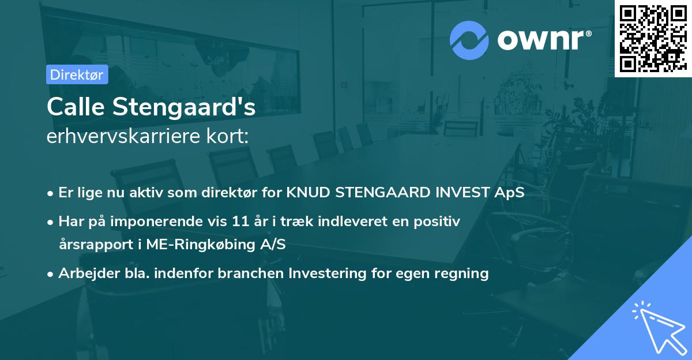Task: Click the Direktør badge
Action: click(77, 74)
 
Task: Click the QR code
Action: click(653, 39)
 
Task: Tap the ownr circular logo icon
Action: click(469, 40)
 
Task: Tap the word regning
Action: click(464, 273)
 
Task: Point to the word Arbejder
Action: click(85, 273)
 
